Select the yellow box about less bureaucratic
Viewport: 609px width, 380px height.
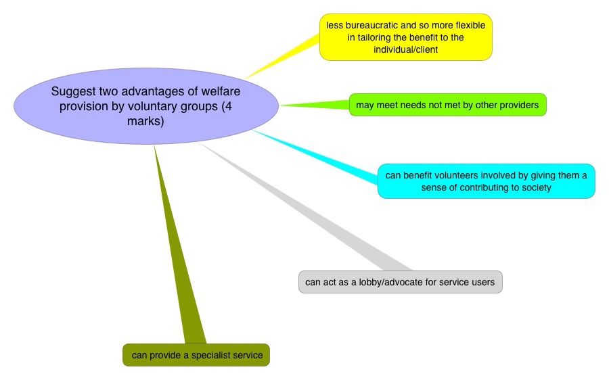[x=405, y=37]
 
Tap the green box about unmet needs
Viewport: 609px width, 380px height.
[x=447, y=105]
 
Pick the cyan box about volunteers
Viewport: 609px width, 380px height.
[x=486, y=181]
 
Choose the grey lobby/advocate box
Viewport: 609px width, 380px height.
[x=401, y=282]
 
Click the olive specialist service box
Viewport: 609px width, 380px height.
[x=196, y=355]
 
